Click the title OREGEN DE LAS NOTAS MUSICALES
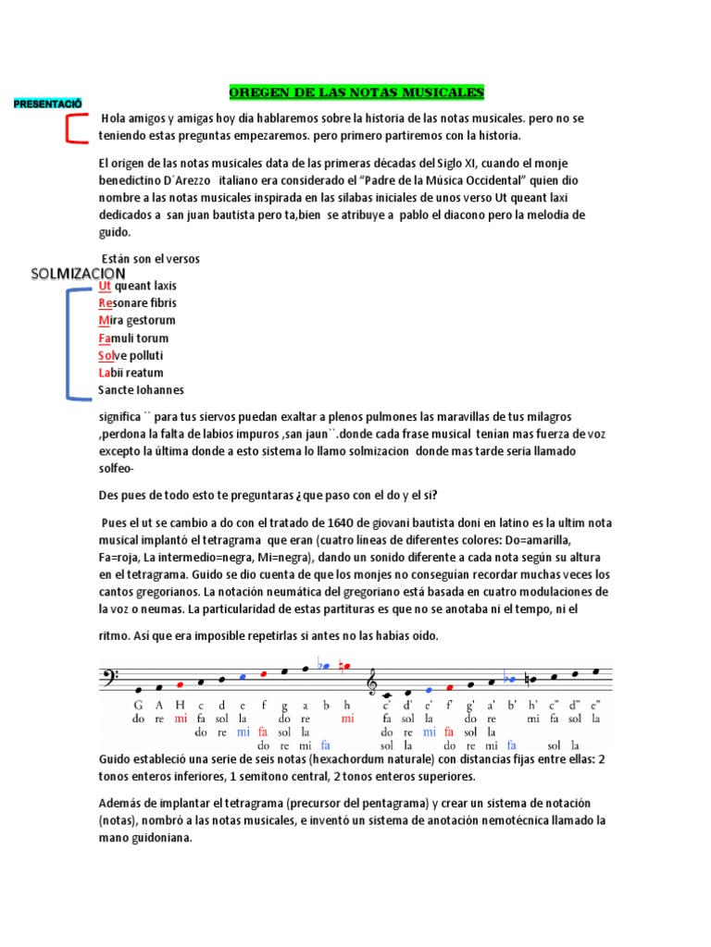click(x=356, y=92)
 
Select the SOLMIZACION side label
click(x=78, y=274)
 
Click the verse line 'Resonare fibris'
click(x=137, y=303)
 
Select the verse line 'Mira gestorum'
click(x=136, y=320)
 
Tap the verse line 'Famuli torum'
click(x=133, y=338)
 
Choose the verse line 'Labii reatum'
click(x=131, y=373)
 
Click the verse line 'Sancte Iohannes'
click(x=141, y=390)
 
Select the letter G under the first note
click(x=138, y=704)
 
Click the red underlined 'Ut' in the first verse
click(x=105, y=286)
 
